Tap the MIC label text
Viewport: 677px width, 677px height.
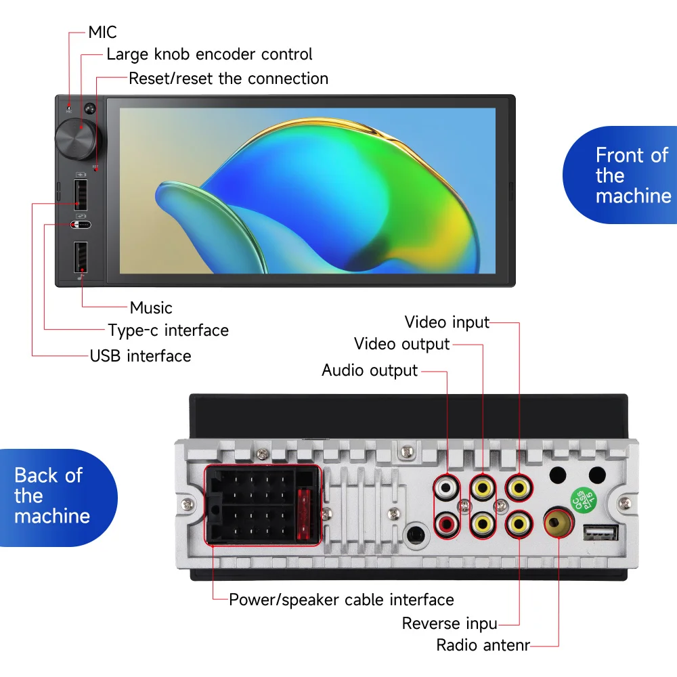tap(102, 32)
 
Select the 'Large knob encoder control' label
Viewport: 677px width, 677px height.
tap(209, 54)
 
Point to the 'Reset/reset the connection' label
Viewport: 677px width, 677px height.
tap(228, 79)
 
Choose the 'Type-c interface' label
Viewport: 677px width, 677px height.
tap(168, 330)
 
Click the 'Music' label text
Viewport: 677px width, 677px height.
tap(151, 308)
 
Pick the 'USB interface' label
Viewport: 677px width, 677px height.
tap(140, 356)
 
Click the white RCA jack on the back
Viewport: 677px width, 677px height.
tap(447, 486)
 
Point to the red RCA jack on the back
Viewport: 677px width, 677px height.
tap(447, 522)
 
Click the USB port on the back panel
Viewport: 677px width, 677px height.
tap(600, 533)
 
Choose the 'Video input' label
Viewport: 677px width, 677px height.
tap(447, 322)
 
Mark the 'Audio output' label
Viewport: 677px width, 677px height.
tap(370, 371)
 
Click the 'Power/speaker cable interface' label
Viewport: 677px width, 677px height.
tap(341, 600)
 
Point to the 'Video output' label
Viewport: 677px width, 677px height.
tap(401, 345)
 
